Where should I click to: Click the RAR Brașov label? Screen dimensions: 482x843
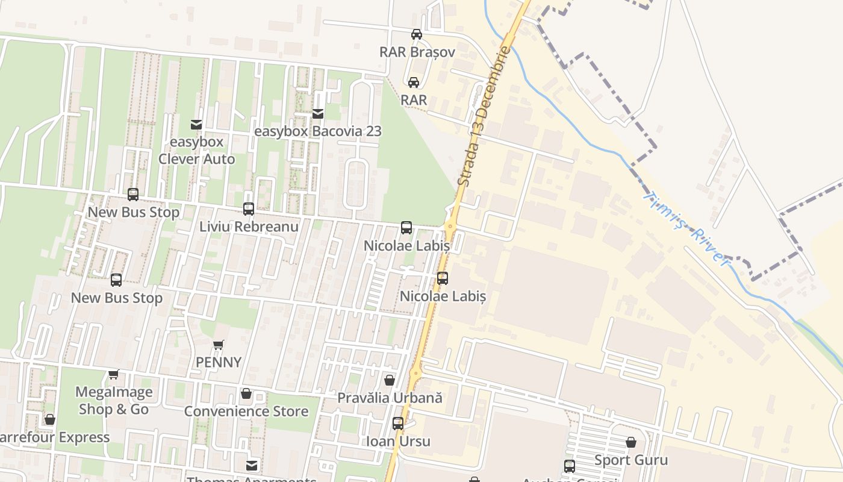click(417, 52)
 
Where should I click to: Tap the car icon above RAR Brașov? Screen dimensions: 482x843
click(416, 34)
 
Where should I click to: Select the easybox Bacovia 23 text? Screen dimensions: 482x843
click(317, 131)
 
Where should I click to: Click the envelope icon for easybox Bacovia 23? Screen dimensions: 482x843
click(317, 113)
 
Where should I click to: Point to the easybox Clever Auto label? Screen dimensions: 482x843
click(196, 151)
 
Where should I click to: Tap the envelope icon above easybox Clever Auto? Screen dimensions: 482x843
click(196, 125)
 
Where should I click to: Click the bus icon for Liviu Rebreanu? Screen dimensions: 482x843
click(248, 209)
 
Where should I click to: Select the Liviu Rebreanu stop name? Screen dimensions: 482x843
click(249, 227)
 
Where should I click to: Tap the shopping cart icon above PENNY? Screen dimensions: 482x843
click(219, 345)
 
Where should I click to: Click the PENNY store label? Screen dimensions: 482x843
click(219, 362)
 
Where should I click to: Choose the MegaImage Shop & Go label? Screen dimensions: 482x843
click(114, 401)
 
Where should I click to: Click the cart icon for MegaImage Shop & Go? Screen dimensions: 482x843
click(114, 375)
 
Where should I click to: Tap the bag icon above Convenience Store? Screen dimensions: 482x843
click(246, 394)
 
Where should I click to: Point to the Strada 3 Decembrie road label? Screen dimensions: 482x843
click(484, 116)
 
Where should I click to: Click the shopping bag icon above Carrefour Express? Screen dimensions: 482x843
click(50, 419)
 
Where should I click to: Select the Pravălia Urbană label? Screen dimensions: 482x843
click(390, 398)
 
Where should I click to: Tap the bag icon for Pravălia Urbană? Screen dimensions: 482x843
click(390, 381)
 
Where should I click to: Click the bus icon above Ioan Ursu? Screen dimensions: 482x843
click(398, 424)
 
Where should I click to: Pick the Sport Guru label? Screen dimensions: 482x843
click(630, 460)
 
